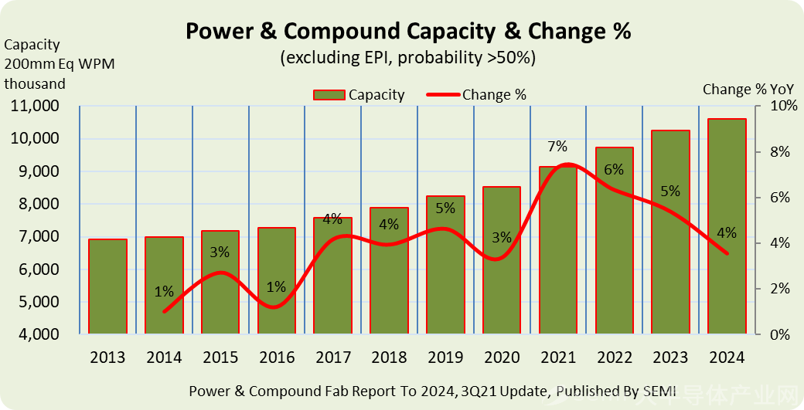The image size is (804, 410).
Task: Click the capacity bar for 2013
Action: click(x=107, y=286)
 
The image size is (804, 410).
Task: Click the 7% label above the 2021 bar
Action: click(x=557, y=147)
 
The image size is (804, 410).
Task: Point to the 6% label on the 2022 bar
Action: click(x=614, y=170)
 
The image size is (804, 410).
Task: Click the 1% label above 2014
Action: click(x=164, y=292)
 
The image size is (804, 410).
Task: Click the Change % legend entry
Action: click(x=477, y=95)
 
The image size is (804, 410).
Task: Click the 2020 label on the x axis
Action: click(x=502, y=357)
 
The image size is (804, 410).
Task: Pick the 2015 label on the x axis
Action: click(x=220, y=357)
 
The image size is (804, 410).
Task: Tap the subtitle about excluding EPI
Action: click(x=407, y=57)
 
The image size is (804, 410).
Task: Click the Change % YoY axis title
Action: click(x=748, y=90)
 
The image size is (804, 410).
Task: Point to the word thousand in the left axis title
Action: click(x=35, y=83)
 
